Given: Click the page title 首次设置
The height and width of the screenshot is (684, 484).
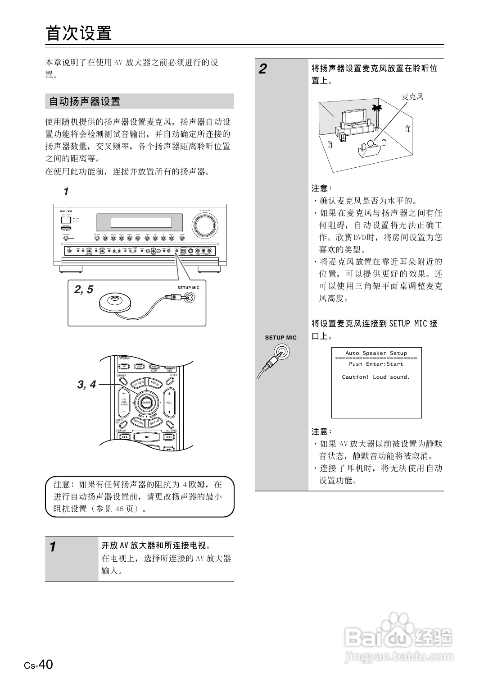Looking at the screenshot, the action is [x=79, y=33].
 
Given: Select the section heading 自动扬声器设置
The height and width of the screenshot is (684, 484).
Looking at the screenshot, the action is [x=85, y=101].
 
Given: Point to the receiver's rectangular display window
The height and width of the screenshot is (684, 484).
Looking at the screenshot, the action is [x=141, y=222].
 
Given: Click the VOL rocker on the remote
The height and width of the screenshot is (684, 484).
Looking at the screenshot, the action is [x=169, y=402].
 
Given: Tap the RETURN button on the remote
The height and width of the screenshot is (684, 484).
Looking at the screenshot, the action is [x=138, y=422].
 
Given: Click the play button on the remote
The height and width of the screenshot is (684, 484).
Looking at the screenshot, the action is [x=146, y=436].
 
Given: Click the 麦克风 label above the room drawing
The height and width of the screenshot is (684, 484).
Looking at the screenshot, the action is [x=412, y=96].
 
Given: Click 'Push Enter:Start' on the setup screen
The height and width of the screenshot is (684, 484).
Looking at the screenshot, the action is [x=376, y=364].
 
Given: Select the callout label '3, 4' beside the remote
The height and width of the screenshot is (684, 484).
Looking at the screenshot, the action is [x=86, y=385].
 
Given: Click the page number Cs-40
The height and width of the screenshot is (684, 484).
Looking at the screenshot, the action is [x=39, y=665].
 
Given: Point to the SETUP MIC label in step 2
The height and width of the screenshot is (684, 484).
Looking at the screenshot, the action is [x=280, y=337].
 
